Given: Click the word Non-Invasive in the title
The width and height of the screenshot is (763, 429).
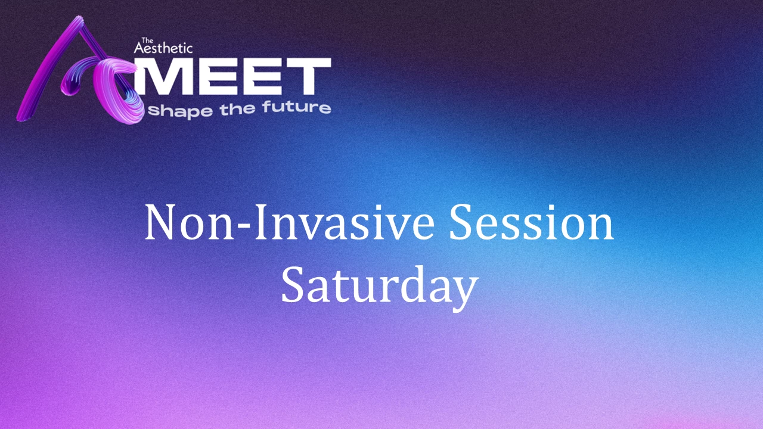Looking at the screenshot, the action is (290, 223).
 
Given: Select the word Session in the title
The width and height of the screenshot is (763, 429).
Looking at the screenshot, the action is (532, 222).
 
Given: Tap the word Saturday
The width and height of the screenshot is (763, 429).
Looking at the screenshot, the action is (380, 285).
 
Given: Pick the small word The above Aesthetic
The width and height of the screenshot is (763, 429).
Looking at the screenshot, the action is (147, 40).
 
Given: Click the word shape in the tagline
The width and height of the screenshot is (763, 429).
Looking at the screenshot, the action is (181, 111).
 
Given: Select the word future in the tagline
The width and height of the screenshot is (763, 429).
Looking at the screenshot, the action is (296, 107).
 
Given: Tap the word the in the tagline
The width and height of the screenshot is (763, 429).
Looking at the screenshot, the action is (237, 109).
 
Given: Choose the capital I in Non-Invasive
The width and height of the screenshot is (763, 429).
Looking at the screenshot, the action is (260, 222).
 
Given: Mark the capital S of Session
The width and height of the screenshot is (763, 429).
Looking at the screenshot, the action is (461, 222).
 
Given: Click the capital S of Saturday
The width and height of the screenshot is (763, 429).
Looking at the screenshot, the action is (293, 285).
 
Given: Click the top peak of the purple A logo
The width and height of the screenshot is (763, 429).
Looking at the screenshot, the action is (79, 17).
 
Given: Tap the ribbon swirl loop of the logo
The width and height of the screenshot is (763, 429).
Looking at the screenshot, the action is (116, 92).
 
